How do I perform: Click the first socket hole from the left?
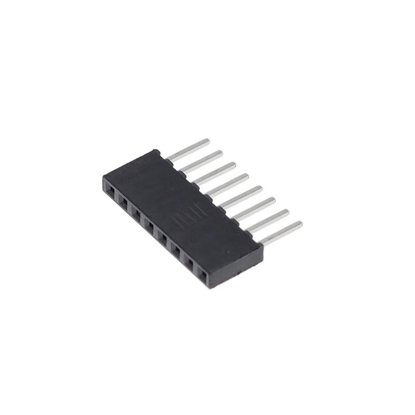pyautogui.click(x=110, y=192)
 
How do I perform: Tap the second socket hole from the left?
pyautogui.click(x=123, y=203)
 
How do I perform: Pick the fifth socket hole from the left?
pyautogui.click(x=162, y=237)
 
